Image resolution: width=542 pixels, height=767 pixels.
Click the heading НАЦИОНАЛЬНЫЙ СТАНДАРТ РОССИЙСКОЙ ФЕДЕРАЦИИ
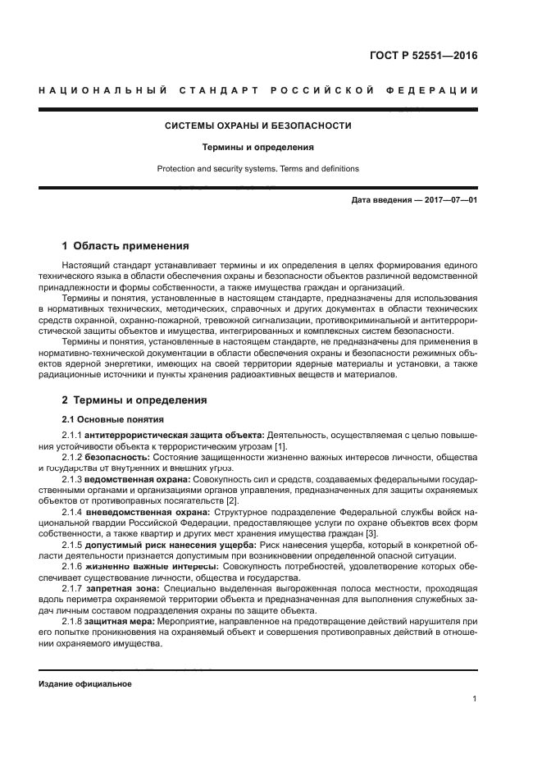pyautogui.click(x=258, y=89)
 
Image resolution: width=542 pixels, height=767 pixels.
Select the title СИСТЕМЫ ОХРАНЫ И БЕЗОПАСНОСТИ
pyautogui.click(x=258, y=126)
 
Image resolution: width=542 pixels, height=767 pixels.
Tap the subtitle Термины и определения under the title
pyautogui.click(x=258, y=148)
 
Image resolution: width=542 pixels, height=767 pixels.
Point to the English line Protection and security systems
pyautogui.click(x=258, y=169)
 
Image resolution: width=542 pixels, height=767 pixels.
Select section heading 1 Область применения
pyautogui.click(x=126, y=245)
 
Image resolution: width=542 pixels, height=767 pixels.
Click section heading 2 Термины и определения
pyautogui.click(x=134, y=399)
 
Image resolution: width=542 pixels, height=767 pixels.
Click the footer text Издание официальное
pyautogui.click(x=84, y=683)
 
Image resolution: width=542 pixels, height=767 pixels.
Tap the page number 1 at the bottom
pyautogui.click(x=475, y=699)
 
